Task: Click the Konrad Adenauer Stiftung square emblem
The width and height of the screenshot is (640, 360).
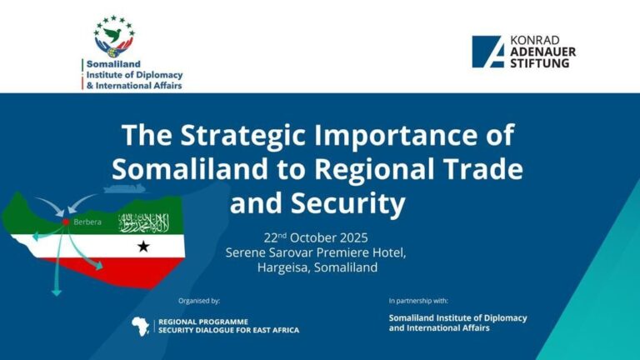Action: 487,52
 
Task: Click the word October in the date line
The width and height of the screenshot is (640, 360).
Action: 309,236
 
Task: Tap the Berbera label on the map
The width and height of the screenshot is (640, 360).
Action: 87,222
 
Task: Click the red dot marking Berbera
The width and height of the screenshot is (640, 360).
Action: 65,222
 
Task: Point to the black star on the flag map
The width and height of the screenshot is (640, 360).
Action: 143,247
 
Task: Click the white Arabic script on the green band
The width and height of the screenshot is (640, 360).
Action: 143,222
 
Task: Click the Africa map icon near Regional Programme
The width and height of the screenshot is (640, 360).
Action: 142,326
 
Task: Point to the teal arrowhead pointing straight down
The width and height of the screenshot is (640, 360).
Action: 57,292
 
